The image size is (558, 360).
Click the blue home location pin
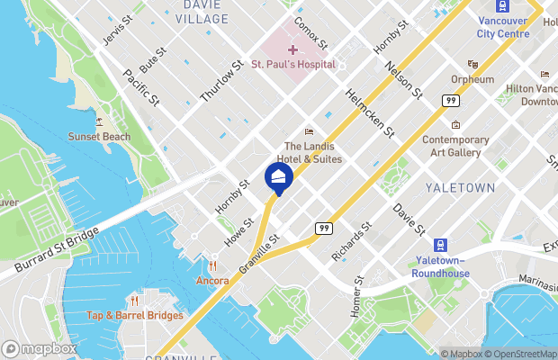point(279,176)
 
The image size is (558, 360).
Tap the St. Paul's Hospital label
point(293,64)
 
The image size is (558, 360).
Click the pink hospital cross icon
point(293,49)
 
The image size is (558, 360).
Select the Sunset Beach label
point(99,137)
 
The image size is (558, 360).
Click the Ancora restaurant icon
point(213,266)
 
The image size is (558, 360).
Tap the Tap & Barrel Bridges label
point(135,315)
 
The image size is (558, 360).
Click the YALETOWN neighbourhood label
point(461,187)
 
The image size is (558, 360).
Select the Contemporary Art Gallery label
point(455,146)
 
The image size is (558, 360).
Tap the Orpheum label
point(472,79)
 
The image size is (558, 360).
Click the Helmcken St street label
point(371,113)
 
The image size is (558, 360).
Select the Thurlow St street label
point(223,82)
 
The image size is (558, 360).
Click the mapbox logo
point(40,348)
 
